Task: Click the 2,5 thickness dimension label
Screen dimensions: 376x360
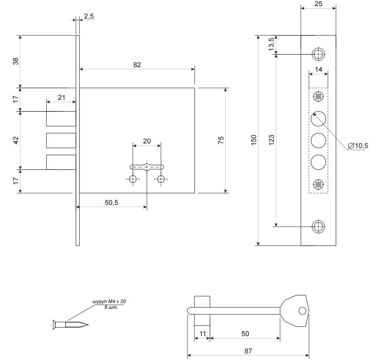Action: (x=88, y=16)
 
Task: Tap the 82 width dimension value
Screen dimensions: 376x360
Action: (x=137, y=65)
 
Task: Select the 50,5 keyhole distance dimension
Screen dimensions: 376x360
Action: (x=111, y=202)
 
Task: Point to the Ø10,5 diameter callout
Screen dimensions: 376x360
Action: (x=358, y=146)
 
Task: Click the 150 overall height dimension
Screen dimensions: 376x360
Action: (x=253, y=140)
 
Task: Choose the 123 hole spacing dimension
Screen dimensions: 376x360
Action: (x=271, y=140)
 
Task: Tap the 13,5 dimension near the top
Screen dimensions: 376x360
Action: (x=271, y=44)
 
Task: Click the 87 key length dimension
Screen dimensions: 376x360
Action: (x=248, y=351)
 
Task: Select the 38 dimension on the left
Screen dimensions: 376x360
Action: (x=16, y=61)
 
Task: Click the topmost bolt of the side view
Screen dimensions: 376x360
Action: (x=61, y=119)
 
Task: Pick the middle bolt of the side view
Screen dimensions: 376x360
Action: (x=61, y=140)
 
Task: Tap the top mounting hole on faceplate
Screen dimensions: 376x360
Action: (x=319, y=54)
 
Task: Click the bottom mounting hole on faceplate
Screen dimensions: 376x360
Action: (x=319, y=226)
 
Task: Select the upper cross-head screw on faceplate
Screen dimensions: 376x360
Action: (x=319, y=97)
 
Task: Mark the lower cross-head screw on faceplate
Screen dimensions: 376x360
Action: (x=319, y=184)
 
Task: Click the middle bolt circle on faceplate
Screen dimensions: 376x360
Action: (x=319, y=140)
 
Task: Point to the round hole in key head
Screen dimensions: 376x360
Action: (x=303, y=311)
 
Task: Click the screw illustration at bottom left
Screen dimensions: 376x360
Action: (x=71, y=325)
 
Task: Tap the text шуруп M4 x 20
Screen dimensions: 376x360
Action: (x=109, y=301)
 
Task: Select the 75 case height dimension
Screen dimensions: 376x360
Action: (x=221, y=140)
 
